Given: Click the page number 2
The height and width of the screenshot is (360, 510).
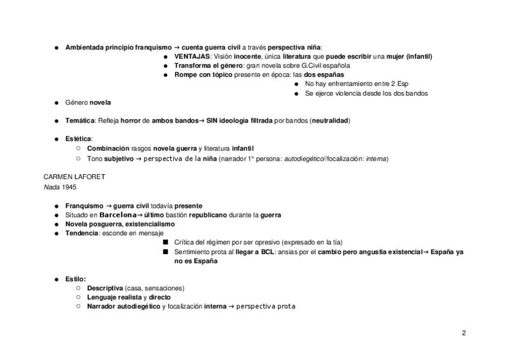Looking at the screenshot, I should click(x=464, y=333).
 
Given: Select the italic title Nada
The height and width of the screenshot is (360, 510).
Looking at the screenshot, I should click(x=52, y=187).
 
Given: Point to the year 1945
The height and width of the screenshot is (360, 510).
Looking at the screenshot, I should click(x=69, y=187).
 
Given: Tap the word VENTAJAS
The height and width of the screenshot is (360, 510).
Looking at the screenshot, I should click(x=192, y=56).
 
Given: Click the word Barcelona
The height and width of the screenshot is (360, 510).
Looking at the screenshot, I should click(x=118, y=215).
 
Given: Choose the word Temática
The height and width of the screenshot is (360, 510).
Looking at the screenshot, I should click(x=80, y=120).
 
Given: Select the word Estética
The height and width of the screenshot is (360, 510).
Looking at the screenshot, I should click(x=78, y=138).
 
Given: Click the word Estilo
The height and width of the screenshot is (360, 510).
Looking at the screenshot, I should click(x=76, y=279).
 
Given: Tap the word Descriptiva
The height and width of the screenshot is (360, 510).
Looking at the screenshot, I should click(x=105, y=288).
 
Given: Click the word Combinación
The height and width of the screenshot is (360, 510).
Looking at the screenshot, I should click(x=108, y=148).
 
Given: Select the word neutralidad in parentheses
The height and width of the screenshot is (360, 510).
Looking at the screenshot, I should click(x=330, y=120).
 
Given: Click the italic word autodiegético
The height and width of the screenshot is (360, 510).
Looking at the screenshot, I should click(x=305, y=159).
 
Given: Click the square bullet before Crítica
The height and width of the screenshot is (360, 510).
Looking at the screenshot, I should click(x=165, y=242).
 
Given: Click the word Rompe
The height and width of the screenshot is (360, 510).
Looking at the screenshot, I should click(x=186, y=75).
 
